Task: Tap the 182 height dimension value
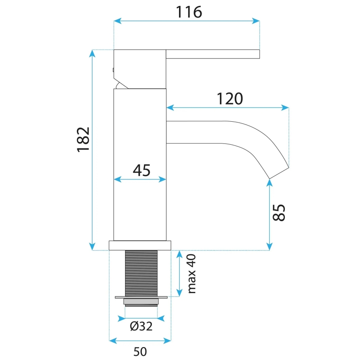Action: [x=83, y=139]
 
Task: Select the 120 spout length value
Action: [x=230, y=99]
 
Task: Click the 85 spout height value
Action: [x=279, y=213]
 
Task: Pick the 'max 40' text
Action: [x=192, y=274]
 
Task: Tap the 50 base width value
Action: [x=140, y=352]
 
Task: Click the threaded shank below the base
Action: [x=141, y=273]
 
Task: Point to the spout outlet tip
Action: [x=279, y=173]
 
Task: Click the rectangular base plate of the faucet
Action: [x=140, y=245]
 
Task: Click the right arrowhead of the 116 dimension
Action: [x=256, y=20]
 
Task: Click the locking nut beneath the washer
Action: [x=141, y=302]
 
